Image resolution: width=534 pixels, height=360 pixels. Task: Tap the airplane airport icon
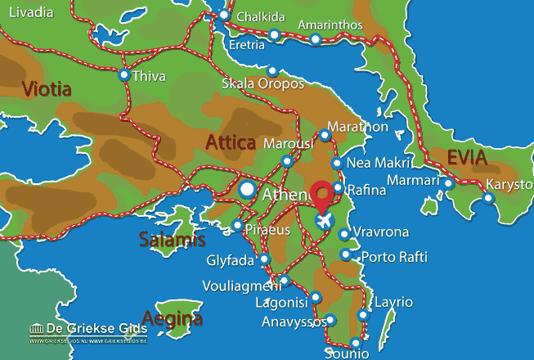click(x=325, y=220)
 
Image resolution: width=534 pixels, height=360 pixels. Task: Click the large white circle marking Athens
click(x=247, y=191)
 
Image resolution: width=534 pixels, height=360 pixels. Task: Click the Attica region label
click(x=231, y=143)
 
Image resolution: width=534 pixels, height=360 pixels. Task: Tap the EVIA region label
click(x=467, y=158)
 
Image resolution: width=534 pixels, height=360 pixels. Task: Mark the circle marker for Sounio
click(x=355, y=344)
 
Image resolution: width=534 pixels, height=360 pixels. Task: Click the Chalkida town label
click(x=259, y=17)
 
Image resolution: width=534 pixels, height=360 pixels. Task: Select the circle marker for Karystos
click(x=489, y=197)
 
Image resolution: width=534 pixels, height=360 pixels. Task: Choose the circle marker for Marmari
click(x=449, y=183)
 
